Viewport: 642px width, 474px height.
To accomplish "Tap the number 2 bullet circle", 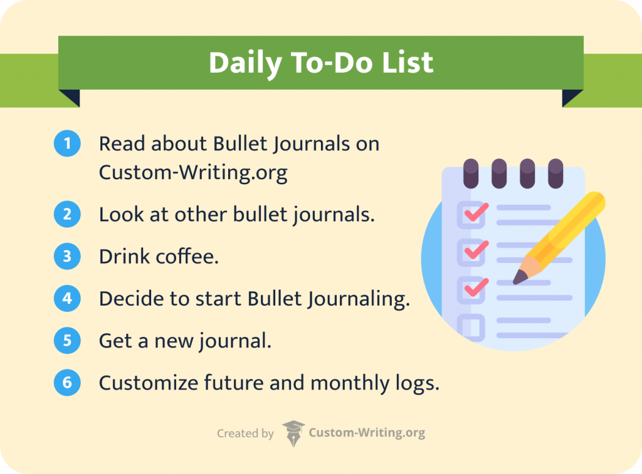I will (x=67, y=215).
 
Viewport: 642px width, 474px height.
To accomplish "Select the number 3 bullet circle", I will (x=67, y=257).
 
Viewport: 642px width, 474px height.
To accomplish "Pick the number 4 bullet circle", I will (x=67, y=299).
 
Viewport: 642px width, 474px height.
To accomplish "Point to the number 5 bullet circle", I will (x=67, y=341).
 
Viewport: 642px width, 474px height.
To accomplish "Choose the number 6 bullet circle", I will (x=67, y=383).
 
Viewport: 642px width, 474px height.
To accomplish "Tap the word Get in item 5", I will (x=113, y=341).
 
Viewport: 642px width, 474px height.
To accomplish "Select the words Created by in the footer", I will (x=245, y=433).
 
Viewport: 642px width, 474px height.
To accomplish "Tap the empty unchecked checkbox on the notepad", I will (x=471, y=327).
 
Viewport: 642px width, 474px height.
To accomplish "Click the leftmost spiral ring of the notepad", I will (x=470, y=173).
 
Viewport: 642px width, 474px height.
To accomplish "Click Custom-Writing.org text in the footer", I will (x=367, y=433).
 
